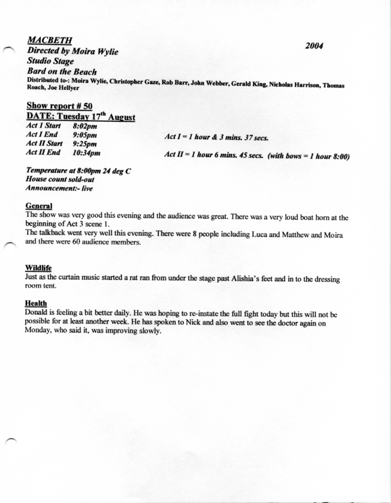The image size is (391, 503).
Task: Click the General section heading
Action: tap(40, 206)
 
